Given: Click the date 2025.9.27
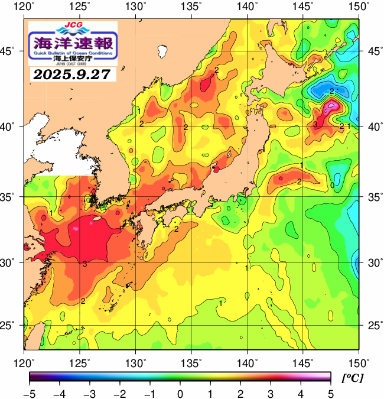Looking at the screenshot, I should (x=73, y=75).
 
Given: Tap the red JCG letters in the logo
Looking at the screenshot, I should (x=73, y=26).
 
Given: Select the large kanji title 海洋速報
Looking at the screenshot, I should (x=73, y=43).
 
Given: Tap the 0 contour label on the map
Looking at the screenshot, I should (x=332, y=185).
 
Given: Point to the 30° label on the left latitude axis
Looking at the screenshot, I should (x=11, y=262).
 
